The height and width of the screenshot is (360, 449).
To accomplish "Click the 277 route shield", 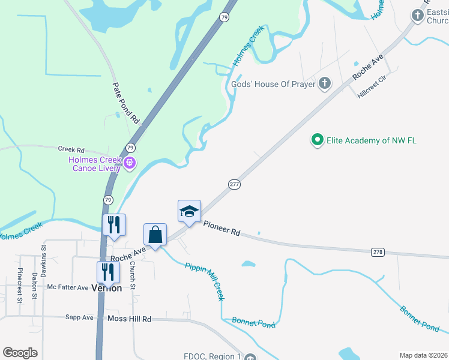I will tap(234, 184).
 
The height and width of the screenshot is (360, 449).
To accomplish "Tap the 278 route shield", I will tap(378, 252).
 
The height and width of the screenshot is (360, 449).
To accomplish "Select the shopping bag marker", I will tap(155, 235).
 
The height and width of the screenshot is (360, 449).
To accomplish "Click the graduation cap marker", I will tap(189, 212).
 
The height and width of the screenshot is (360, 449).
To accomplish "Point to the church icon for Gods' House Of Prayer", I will tap(325, 83).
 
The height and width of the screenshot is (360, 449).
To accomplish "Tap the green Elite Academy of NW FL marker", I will tap(317, 140).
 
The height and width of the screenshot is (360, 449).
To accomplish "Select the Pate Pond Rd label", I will tap(126, 103).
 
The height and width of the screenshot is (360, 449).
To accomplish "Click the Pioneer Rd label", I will tap(221, 228).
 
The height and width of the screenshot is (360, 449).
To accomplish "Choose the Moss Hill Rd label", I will tap(129, 319).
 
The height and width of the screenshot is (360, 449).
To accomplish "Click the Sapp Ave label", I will tap(80, 317).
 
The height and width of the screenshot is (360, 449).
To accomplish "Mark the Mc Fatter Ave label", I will tap(68, 287).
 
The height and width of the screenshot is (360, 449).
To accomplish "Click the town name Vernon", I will tap(107, 288).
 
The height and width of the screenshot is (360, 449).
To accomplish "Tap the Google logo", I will tap(20, 352).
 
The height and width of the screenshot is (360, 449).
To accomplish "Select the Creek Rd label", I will tap(71, 149).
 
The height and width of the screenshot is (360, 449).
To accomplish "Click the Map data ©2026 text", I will tap(423, 355).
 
